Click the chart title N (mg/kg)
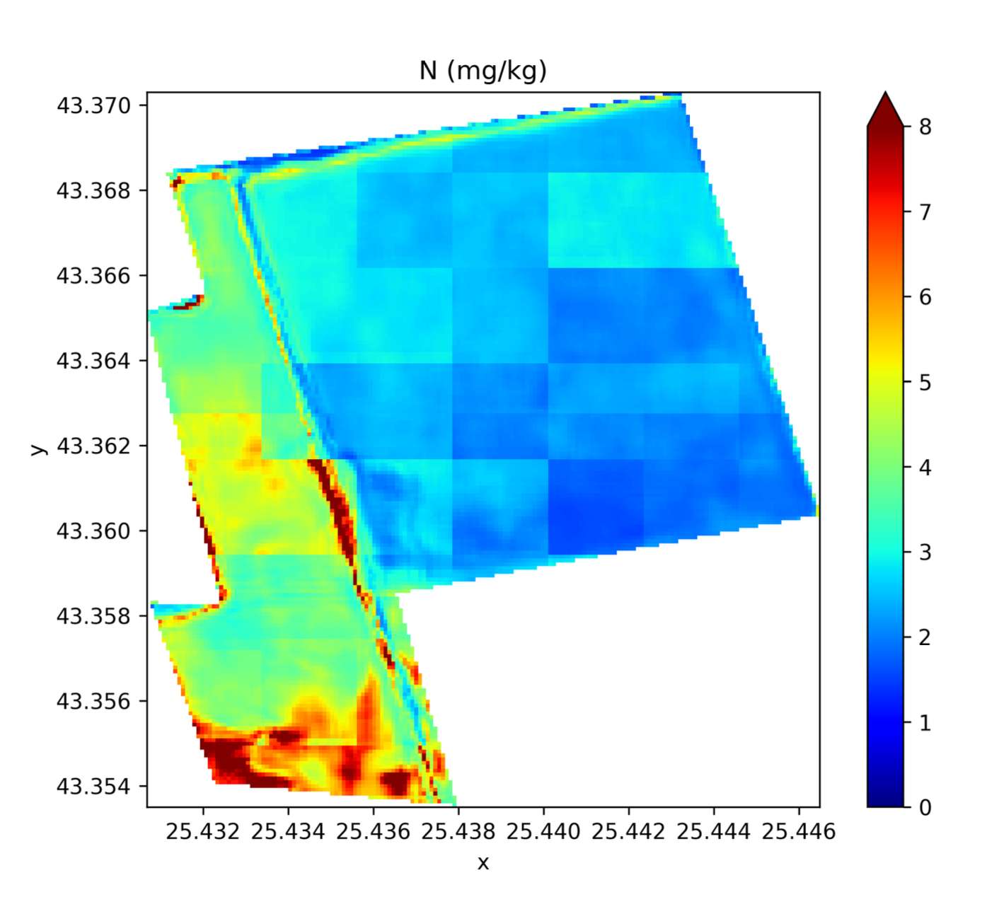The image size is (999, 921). point(483,71)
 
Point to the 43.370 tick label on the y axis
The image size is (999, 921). point(93,105)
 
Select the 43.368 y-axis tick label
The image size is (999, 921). point(93,190)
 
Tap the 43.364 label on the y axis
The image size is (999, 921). point(93,361)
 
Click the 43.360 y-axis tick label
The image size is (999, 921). point(93,531)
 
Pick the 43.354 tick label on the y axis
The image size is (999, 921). point(93,786)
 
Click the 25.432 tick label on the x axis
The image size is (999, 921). point(203,831)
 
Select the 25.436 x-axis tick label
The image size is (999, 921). point(373,831)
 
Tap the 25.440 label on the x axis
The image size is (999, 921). point(543,831)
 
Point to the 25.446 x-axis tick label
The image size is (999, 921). point(799,831)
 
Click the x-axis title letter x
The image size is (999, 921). point(483,862)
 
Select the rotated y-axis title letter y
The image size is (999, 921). point(37,449)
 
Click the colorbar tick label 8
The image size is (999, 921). point(925,127)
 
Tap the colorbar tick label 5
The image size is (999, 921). point(925,383)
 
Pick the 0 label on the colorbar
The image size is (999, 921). point(925,807)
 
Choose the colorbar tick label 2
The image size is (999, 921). point(925,637)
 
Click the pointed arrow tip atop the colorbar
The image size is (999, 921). point(885,94)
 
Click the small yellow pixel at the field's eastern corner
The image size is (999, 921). point(817,509)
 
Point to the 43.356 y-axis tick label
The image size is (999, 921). point(93,701)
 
